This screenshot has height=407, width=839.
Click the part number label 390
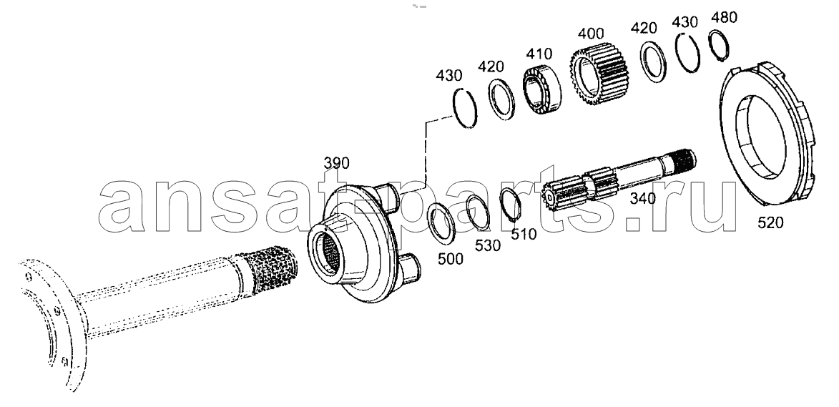337,162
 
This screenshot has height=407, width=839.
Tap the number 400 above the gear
592,34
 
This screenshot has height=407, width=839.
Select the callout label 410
539,54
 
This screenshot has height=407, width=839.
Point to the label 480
724,17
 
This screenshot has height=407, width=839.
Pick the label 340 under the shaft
642,199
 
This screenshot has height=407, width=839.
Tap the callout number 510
524,234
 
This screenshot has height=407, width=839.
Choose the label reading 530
488,245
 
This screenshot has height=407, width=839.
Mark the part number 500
451,259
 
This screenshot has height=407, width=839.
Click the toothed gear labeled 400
600,72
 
